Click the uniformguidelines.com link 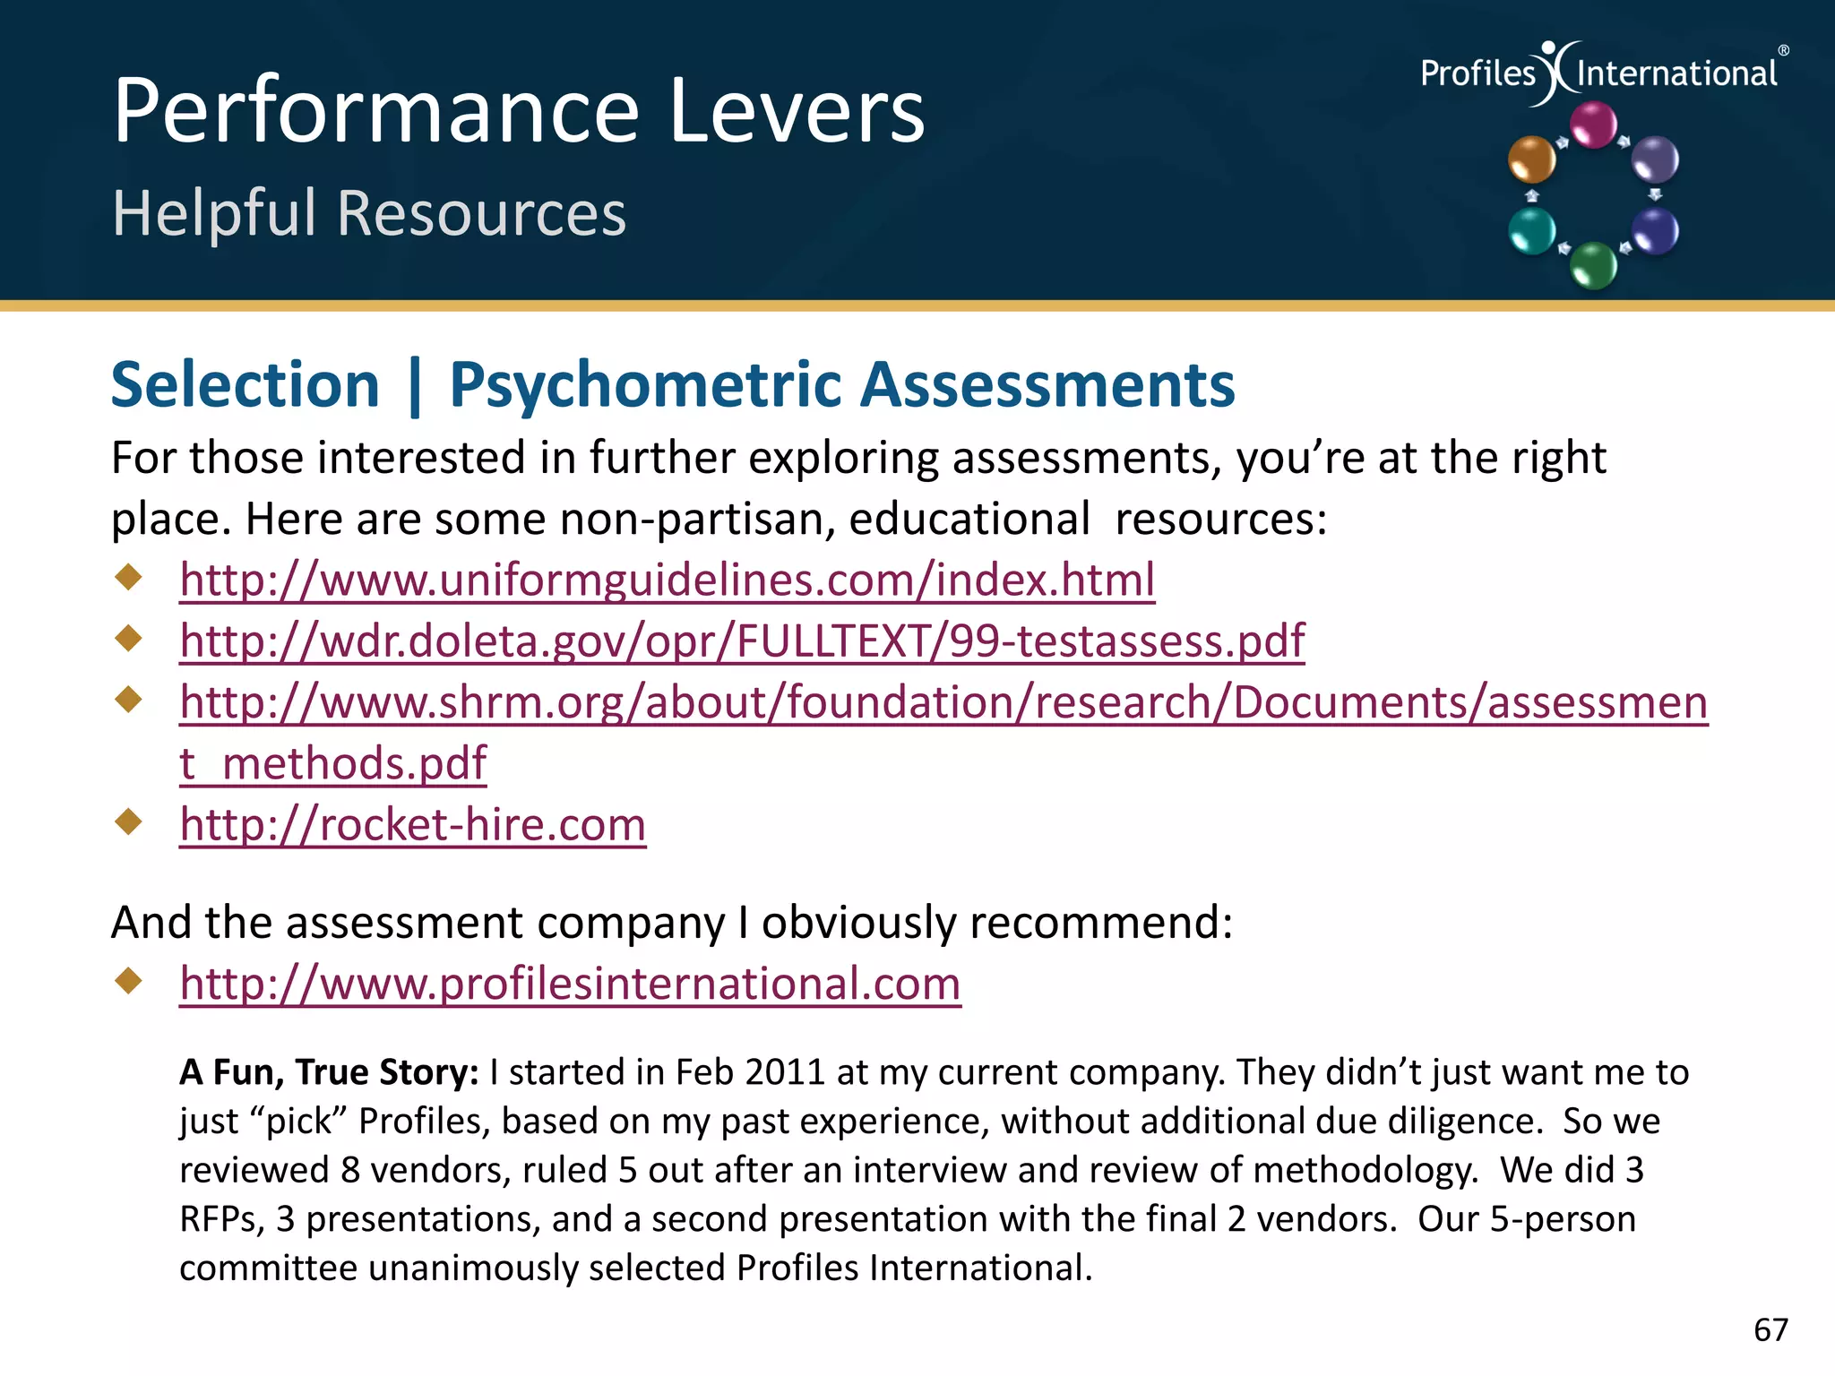[x=667, y=580]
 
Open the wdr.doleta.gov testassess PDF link [x=742, y=641]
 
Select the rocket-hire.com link [x=412, y=824]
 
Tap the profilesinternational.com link [x=570, y=984]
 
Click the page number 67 [x=1770, y=1329]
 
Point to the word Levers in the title [x=796, y=111]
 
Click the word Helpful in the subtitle [x=215, y=213]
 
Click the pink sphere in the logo [x=1594, y=125]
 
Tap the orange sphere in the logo [x=1531, y=159]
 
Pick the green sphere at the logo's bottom [x=1594, y=265]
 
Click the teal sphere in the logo [x=1532, y=230]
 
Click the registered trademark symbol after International [x=1783, y=51]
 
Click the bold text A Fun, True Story [x=329, y=1072]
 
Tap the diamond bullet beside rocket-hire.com [x=130, y=821]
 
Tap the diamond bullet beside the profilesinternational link [x=130, y=981]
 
